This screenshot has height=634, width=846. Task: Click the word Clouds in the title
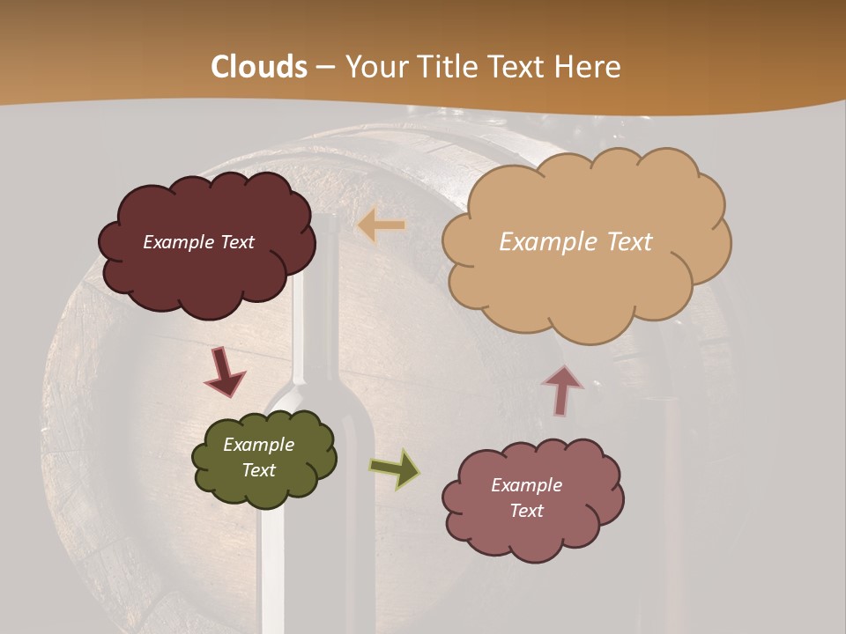(x=259, y=67)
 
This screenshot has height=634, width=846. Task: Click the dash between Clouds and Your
(x=325, y=68)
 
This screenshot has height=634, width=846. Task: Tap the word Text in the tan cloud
(x=629, y=242)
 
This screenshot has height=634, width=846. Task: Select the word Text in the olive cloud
(x=258, y=470)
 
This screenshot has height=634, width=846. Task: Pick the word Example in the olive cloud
(x=258, y=445)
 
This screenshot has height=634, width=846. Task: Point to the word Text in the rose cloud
(x=526, y=511)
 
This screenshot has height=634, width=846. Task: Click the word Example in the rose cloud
(x=526, y=485)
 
